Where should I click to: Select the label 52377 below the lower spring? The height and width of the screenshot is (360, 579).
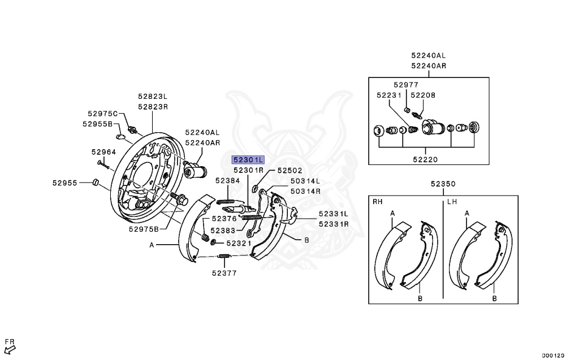(224, 272)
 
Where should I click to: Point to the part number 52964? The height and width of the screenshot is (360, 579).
(103, 151)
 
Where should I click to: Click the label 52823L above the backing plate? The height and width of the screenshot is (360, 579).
(153, 97)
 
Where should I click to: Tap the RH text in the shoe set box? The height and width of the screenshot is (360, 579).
(378, 201)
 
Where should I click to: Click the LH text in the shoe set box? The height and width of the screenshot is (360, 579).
(452, 201)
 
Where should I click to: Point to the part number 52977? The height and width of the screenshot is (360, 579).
(406, 85)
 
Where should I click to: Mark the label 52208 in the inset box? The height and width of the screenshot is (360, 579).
(422, 96)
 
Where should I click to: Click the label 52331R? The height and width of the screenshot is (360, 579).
(333, 224)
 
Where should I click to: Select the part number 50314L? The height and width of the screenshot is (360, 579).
(305, 181)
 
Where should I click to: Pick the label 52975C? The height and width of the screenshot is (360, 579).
(102, 114)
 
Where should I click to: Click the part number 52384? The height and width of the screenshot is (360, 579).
(227, 180)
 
